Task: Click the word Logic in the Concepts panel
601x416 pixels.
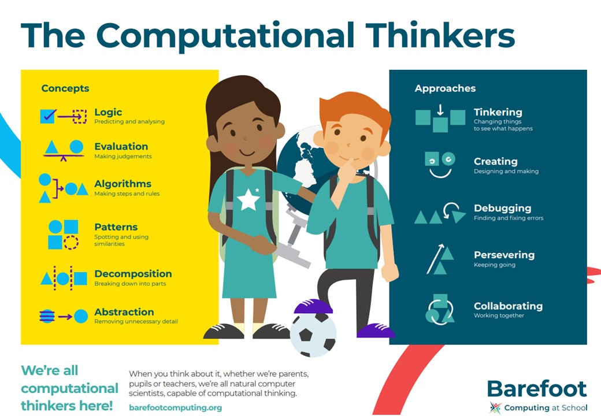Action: [x=108, y=112]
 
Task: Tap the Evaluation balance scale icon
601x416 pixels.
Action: [x=64, y=151]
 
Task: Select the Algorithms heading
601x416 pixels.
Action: [x=123, y=184]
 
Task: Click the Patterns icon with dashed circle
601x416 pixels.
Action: [x=63, y=235]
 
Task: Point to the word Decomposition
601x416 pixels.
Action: [x=133, y=274]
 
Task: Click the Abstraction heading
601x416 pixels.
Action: [x=124, y=312]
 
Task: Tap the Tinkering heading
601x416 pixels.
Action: [x=498, y=112]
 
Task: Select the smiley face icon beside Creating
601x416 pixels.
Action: [x=440, y=165]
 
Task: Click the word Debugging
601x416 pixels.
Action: [x=503, y=209]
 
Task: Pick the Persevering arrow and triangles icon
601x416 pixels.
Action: [x=440, y=259]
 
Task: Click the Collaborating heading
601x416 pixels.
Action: [x=508, y=306]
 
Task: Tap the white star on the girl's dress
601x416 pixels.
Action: [x=248, y=199]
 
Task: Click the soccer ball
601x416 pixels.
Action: [x=313, y=334]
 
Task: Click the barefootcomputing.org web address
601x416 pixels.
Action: [x=176, y=407]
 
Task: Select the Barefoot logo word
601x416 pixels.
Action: [x=537, y=389]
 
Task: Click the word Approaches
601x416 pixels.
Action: [x=445, y=88]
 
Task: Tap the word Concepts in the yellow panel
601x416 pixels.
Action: [x=65, y=88]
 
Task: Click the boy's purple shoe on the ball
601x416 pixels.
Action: [x=313, y=307]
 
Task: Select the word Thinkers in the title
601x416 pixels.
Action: [x=440, y=35]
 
